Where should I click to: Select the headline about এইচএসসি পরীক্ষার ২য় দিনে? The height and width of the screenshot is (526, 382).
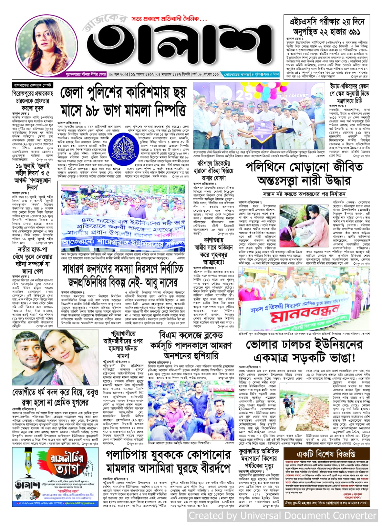click(x=327, y=27)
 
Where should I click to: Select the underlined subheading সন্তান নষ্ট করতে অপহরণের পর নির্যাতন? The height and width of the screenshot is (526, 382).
click(x=304, y=194)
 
